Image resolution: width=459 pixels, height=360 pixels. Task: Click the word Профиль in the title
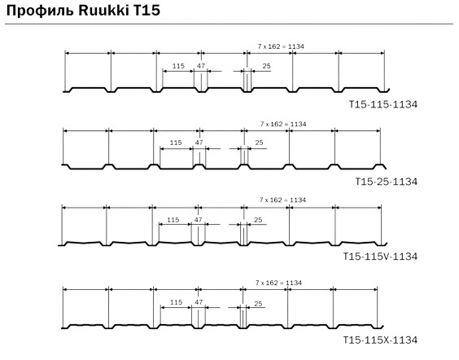pos(40,11)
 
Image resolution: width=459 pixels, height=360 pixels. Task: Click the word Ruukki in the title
pos(103,11)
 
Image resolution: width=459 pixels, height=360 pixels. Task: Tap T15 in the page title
pos(147,11)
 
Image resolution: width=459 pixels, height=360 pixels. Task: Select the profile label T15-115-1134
pos(383,104)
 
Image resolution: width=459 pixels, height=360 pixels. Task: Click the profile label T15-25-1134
pos(387,182)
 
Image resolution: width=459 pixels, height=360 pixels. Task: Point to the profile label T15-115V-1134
pos(380,257)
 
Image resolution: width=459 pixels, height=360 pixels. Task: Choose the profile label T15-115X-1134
pos(380,340)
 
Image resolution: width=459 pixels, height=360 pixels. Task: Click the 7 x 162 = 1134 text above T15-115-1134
pos(281,46)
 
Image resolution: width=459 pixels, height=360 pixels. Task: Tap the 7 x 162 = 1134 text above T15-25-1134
pos(283,124)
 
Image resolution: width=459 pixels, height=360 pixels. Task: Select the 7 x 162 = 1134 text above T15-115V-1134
pos(282,200)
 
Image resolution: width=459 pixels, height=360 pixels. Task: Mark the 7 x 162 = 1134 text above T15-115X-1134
pos(278,283)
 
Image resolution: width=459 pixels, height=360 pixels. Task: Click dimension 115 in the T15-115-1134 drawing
pos(178,66)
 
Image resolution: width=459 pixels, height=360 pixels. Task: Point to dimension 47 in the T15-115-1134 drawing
pos(201,66)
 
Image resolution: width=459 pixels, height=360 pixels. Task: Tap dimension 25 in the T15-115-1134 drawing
pos(266,66)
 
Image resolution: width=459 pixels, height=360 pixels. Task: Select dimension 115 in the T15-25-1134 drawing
pos(176,143)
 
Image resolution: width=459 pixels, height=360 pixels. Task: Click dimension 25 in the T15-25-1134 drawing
pos(259,143)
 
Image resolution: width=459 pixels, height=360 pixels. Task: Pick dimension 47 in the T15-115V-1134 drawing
pos(199,220)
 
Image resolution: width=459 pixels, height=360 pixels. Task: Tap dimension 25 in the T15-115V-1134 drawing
pos(258,220)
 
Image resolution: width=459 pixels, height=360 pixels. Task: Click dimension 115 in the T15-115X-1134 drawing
pos(176,302)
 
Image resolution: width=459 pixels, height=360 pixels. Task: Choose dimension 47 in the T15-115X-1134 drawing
pos(199,302)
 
